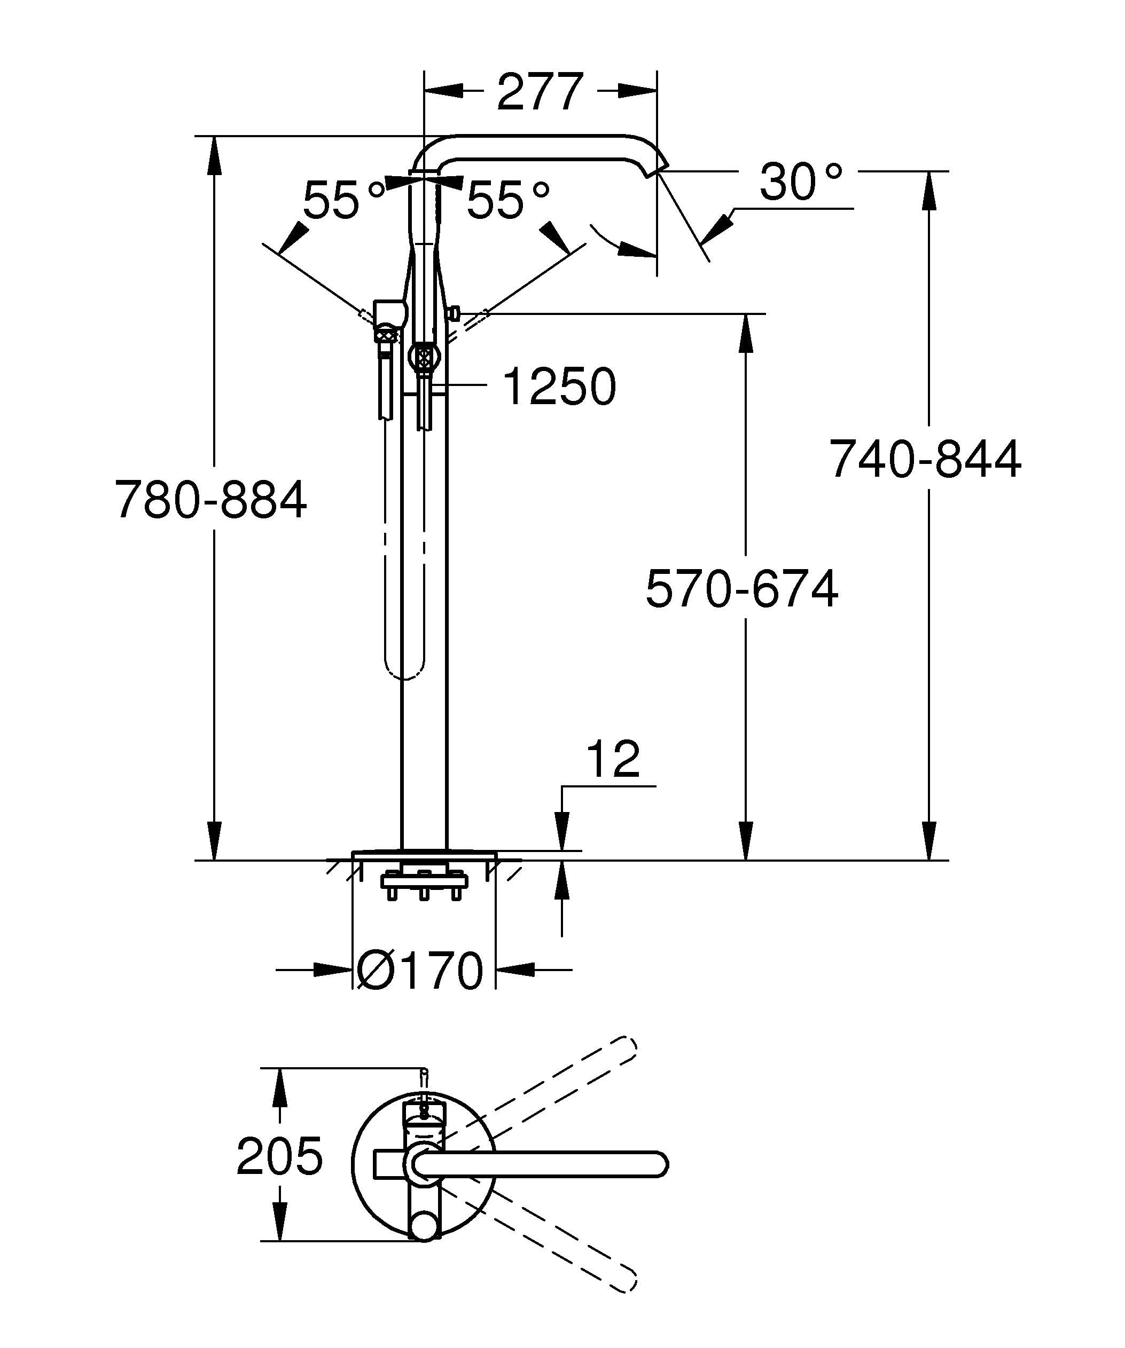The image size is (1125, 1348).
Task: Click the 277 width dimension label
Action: [x=540, y=92]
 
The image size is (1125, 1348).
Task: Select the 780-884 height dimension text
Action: [x=210, y=500]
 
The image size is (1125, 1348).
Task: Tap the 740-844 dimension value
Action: [x=925, y=459]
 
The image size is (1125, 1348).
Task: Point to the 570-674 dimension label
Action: [x=741, y=589]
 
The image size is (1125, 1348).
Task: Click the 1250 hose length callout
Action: [x=559, y=387]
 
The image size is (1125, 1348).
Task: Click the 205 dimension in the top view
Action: [x=279, y=1156]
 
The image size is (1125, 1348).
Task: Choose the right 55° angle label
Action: [x=508, y=200]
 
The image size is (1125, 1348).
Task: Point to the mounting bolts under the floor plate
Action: [x=424, y=888]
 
